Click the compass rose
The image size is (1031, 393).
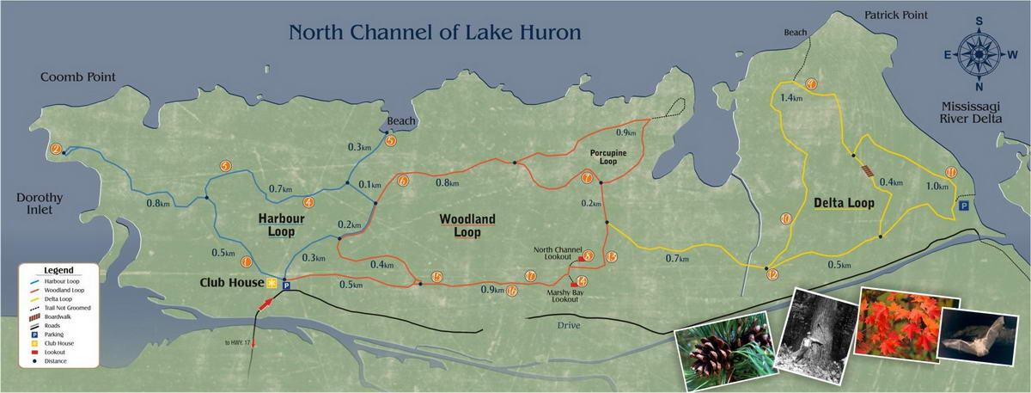coord(979,53)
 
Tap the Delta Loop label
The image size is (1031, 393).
coord(843,204)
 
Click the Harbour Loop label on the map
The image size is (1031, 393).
coord(277,225)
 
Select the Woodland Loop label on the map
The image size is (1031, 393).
coord(467,225)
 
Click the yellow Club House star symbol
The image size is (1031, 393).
coord(271,283)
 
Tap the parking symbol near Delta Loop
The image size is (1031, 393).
coord(964,206)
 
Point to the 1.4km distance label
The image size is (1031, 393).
coord(791,98)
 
